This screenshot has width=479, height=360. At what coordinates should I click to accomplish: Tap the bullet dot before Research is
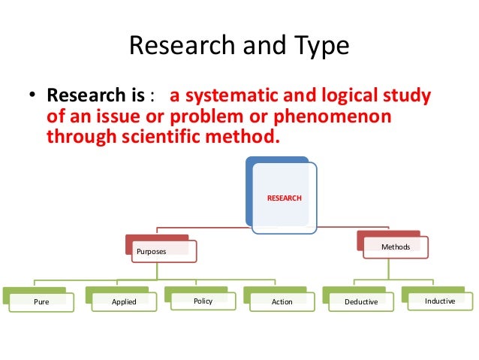click(32, 98)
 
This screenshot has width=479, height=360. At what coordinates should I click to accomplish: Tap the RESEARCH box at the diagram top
click(285, 197)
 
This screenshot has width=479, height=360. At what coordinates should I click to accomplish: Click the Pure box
click(42, 302)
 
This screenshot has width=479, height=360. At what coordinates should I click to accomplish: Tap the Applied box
click(124, 302)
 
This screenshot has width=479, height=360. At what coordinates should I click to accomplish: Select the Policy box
click(203, 301)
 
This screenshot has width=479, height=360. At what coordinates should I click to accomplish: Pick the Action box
click(282, 302)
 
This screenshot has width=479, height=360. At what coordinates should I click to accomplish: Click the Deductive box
click(360, 302)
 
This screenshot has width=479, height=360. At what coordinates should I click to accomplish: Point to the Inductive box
click(439, 301)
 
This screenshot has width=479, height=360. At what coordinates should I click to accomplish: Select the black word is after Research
click(138, 96)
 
